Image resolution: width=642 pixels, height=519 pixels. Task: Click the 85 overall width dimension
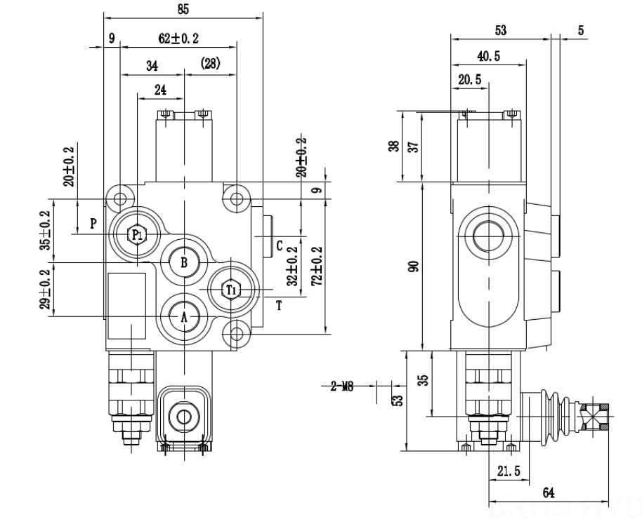[x=183, y=9]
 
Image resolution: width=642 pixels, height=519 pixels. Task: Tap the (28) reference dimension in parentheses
[x=210, y=65]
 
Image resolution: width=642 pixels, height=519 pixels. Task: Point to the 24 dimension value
[x=159, y=90]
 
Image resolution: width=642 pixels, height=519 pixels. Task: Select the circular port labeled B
[x=183, y=262]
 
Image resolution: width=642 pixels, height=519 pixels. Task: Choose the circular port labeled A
[x=184, y=317]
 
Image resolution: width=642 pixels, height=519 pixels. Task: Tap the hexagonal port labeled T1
[x=230, y=289]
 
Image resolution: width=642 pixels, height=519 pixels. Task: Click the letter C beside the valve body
[x=279, y=245]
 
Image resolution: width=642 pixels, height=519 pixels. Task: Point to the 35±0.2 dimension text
[x=46, y=231]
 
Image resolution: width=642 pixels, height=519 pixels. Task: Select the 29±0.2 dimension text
[x=46, y=290]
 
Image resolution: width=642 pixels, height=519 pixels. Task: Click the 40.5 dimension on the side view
[x=483, y=57]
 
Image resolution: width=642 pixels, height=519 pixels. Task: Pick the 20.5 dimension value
[x=469, y=81]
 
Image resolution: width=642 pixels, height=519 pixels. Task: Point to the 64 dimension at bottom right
[x=549, y=494]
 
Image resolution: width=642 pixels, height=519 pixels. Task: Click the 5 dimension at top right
[x=580, y=31]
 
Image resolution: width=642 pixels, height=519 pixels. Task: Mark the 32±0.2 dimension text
[x=294, y=265]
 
